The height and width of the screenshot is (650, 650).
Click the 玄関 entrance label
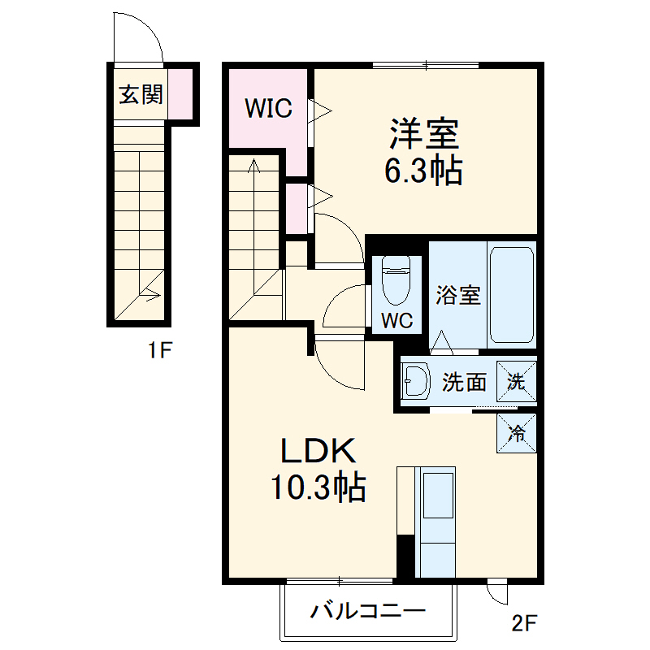(x=141, y=95)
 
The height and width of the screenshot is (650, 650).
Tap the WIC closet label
(x=269, y=108)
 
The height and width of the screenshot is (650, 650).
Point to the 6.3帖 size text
(x=423, y=171)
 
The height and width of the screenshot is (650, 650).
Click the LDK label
(x=318, y=453)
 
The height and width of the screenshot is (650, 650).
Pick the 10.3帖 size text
(x=318, y=487)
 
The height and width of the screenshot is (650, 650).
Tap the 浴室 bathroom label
(x=457, y=294)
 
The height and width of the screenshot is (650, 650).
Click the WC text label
(x=397, y=321)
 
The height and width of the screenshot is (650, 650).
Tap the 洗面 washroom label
(x=464, y=382)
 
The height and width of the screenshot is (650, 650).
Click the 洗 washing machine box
(x=517, y=380)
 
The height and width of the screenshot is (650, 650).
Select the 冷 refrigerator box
(x=517, y=433)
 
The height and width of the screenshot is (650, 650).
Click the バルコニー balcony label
(x=367, y=612)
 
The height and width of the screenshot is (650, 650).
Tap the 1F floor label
(x=160, y=351)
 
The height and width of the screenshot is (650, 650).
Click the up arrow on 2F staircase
(x=254, y=167)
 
